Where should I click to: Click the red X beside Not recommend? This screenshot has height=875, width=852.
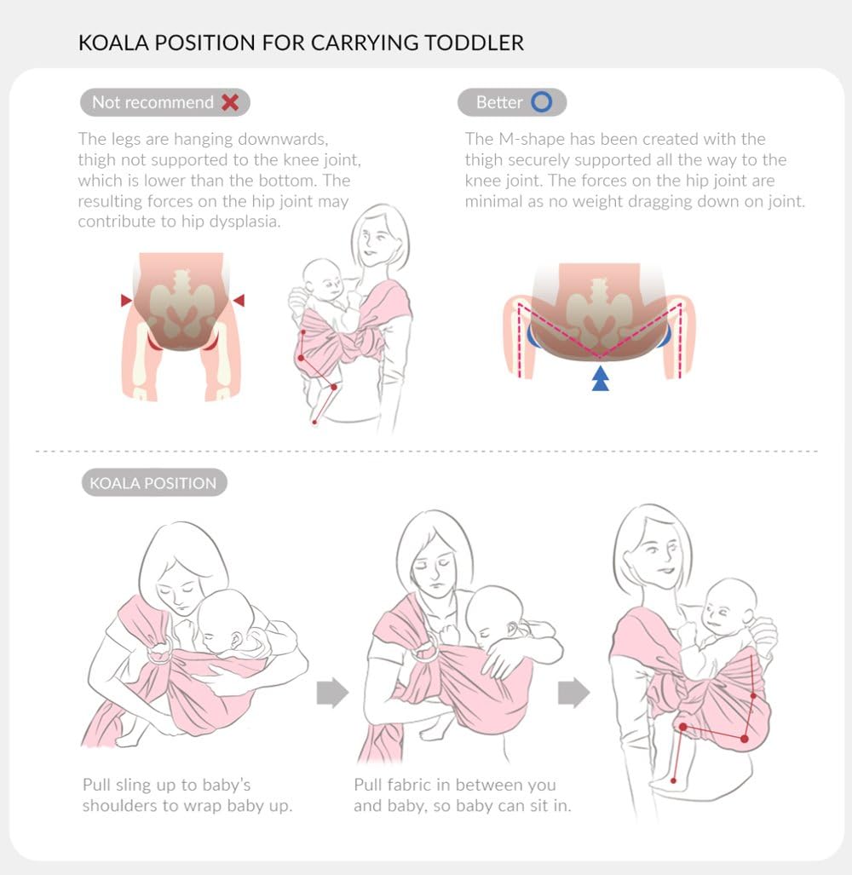click(x=230, y=102)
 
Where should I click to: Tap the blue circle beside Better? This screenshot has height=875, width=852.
click(x=542, y=102)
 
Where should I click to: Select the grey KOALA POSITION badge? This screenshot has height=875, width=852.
click(x=153, y=483)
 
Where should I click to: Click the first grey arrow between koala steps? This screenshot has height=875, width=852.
click(x=332, y=693)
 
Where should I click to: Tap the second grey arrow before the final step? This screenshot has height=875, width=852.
click(x=573, y=693)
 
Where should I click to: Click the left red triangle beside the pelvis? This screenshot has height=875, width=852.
click(x=127, y=300)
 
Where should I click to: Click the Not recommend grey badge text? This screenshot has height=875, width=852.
click(x=153, y=102)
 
